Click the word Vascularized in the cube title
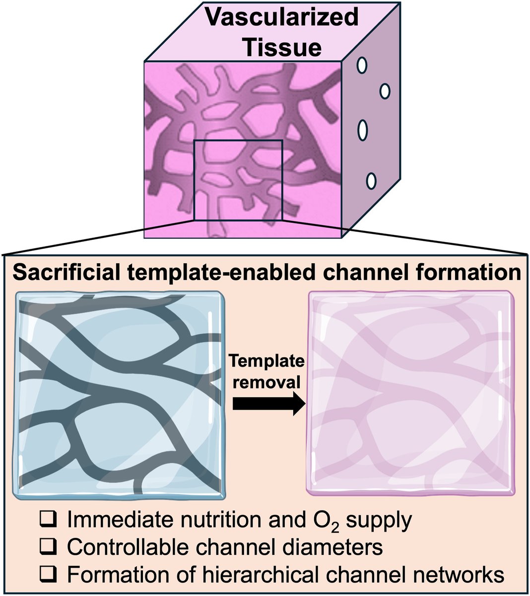pyautogui.click(x=281, y=18)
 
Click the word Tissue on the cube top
pyautogui.click(x=282, y=47)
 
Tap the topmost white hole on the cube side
pyautogui.click(x=362, y=65)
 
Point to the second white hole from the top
pyautogui.click(x=385, y=91)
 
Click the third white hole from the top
pyautogui.click(x=362, y=130)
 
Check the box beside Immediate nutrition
pyautogui.click(x=48, y=519)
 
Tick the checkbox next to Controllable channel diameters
pyautogui.click(x=48, y=547)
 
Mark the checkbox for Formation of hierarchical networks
pyautogui.click(x=48, y=575)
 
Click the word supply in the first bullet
pyautogui.click(x=379, y=521)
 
